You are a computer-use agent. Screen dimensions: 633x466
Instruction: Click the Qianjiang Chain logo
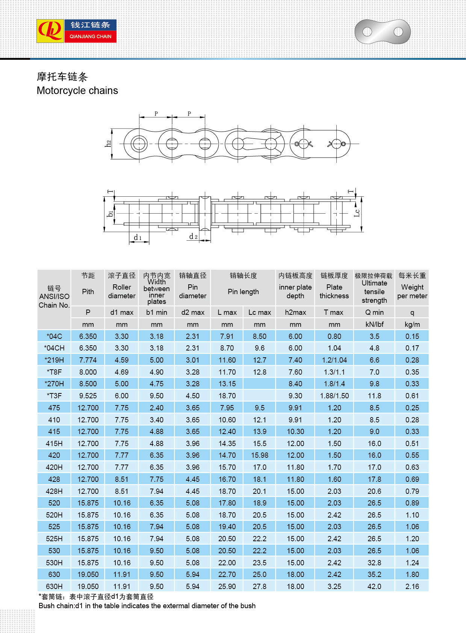[76, 31]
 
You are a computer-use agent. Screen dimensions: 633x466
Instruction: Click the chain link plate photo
[382, 32]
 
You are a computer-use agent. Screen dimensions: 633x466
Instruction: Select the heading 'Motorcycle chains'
[77, 91]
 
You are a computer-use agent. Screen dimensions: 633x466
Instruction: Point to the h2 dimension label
[109, 144]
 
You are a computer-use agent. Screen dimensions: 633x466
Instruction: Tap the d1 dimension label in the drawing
[138, 238]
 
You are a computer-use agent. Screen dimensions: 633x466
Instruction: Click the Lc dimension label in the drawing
[357, 213]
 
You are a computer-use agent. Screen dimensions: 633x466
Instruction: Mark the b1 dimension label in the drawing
[110, 214]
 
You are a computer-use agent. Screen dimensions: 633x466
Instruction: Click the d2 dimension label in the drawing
[193, 237]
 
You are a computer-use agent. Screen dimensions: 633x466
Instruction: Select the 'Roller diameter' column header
[121, 291]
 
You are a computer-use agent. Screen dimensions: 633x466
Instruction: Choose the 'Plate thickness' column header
[334, 291]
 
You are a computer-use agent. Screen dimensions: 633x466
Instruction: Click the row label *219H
[54, 360]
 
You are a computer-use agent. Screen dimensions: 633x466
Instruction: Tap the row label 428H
[54, 491]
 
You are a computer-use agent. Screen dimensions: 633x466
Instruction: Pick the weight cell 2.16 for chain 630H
[412, 586]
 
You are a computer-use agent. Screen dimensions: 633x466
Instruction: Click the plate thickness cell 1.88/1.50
[334, 396]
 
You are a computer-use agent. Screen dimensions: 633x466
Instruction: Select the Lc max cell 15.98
[259, 455]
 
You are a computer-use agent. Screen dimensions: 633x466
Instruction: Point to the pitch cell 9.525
[88, 396]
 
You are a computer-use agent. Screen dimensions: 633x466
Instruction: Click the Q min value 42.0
[374, 586]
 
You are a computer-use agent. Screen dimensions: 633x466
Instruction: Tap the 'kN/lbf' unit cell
[374, 324]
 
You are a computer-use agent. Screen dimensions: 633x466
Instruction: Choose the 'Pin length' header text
[243, 291]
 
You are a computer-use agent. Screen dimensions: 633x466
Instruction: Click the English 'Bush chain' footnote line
[147, 606]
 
